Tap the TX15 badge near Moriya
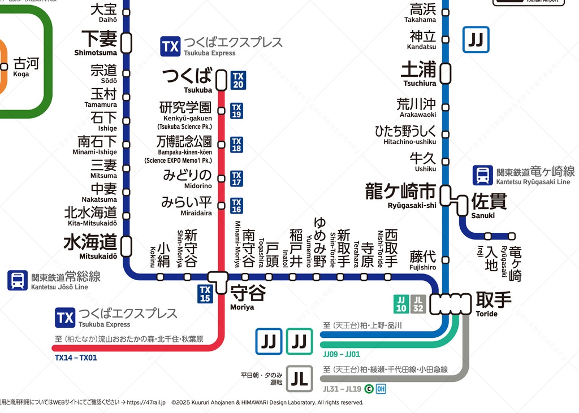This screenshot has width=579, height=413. tap(205, 294)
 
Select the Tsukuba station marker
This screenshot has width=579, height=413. tap(221, 80)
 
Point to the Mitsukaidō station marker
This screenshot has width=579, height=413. tap(127, 246)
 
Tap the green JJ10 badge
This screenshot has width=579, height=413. tap(401, 304)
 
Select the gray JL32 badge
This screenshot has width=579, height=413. tap(418, 304)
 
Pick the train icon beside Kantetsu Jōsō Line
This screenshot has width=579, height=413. tap(18, 280)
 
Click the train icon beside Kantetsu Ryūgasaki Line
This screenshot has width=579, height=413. tap(483, 175)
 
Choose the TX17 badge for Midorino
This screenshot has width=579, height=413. tap(237, 179)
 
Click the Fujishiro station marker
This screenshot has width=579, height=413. tap(446, 260)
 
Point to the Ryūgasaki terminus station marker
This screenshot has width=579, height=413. tap(512, 236)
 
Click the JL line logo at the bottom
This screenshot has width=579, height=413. tap(300, 378)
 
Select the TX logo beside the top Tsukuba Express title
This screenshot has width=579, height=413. tap(170, 46)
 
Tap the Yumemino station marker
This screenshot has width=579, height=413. tap(316, 277)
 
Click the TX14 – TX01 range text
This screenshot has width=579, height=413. tap(76, 358)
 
